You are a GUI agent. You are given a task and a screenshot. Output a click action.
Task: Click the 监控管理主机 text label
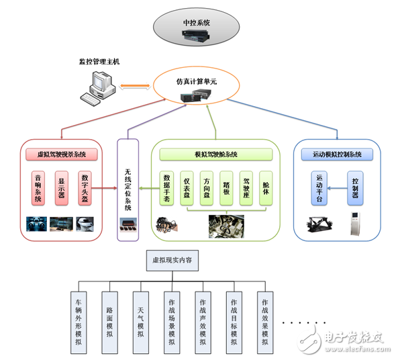[x=99, y=62]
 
